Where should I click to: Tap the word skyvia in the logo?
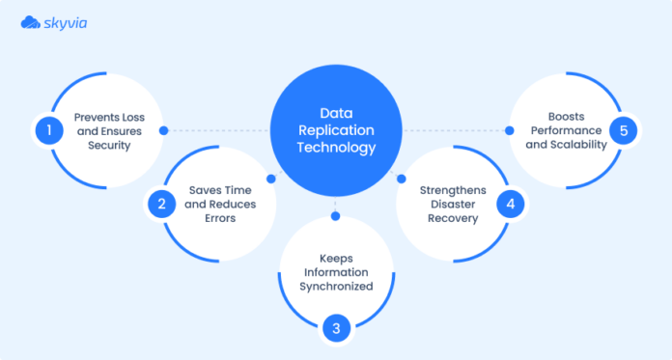pos(64,21)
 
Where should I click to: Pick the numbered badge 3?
pos(336,328)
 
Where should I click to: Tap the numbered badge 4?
pos(512,204)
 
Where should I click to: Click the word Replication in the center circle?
pos(335,130)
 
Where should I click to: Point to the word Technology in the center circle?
pos(335,148)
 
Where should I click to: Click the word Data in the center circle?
pos(335,113)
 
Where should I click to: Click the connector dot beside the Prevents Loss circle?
pos(164,130)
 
